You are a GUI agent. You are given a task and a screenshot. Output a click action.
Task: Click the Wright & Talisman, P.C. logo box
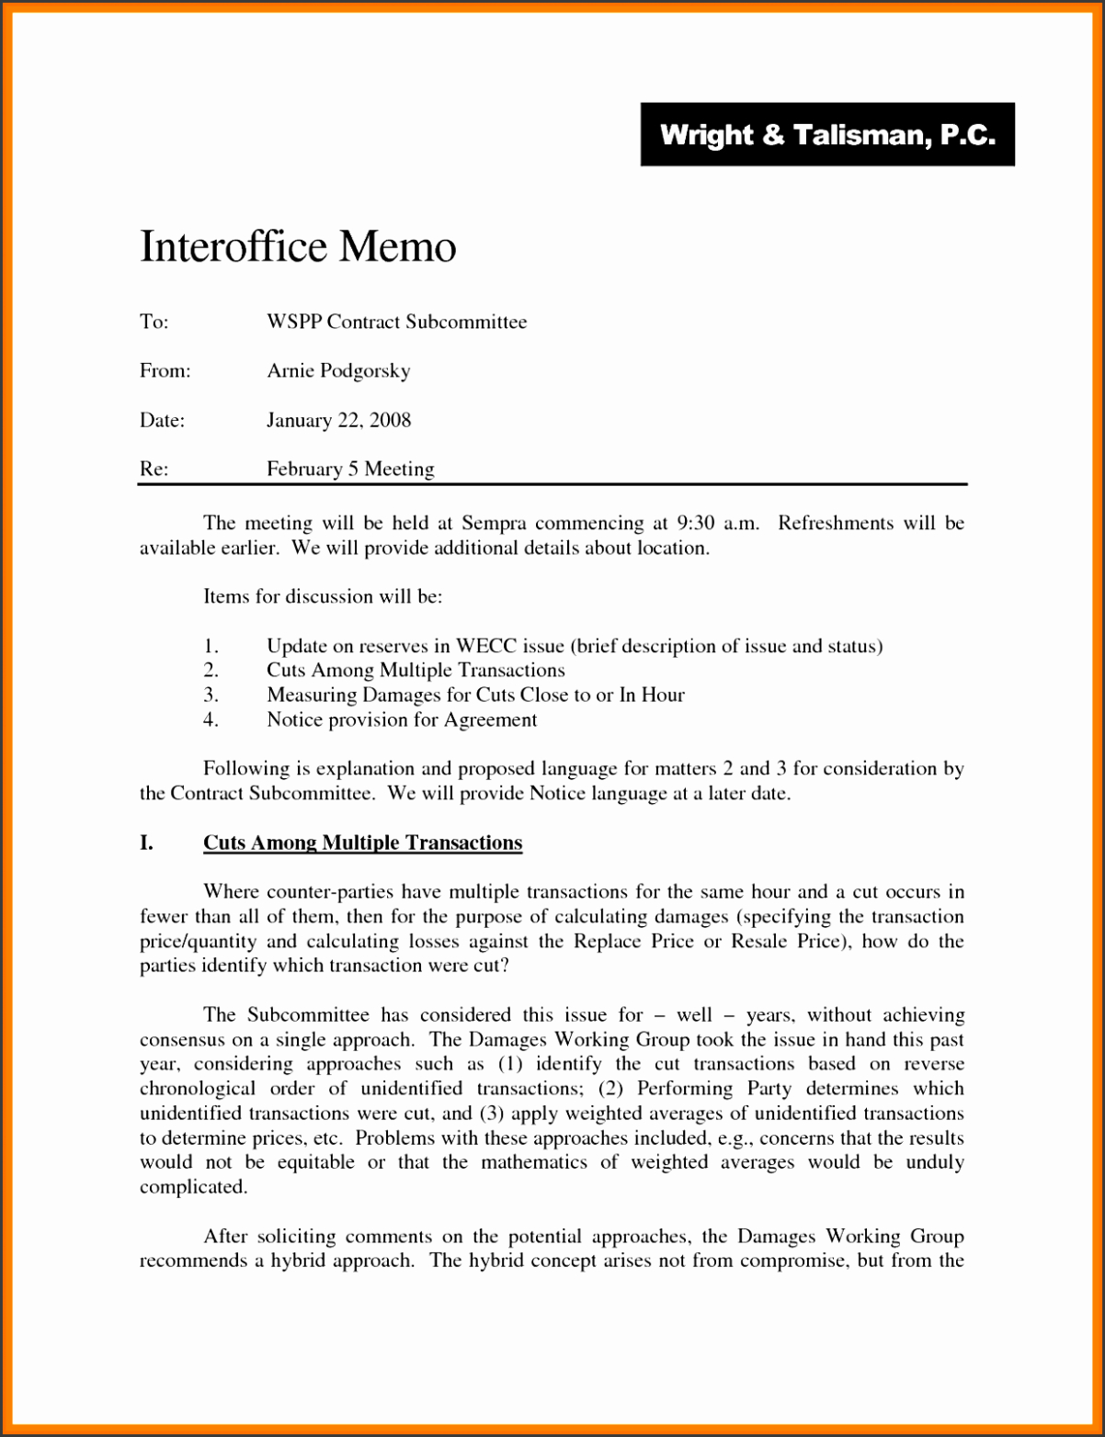click(x=827, y=134)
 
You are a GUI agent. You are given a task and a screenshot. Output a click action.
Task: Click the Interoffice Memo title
click(x=298, y=246)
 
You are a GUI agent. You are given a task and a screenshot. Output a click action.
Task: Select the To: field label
click(x=154, y=322)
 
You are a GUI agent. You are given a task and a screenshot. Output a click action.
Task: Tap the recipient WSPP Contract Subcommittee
click(x=396, y=322)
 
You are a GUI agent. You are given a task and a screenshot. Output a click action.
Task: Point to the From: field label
click(x=165, y=370)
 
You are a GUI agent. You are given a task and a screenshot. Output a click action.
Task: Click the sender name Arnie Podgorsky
click(x=338, y=370)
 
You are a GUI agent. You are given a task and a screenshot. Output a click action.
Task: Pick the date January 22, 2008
click(x=338, y=420)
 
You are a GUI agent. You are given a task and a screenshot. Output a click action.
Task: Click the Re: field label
click(x=154, y=469)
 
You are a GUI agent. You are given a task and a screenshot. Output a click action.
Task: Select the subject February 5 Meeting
click(x=350, y=469)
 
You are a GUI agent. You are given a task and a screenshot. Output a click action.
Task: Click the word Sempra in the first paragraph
click(x=494, y=523)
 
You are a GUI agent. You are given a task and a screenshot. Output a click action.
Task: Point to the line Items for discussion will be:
click(x=323, y=596)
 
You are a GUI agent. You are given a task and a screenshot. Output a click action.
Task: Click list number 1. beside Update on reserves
click(x=211, y=646)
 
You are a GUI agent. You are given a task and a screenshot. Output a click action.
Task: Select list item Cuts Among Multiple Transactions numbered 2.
click(x=416, y=671)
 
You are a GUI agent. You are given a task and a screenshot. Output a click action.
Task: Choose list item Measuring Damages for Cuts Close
click(x=475, y=695)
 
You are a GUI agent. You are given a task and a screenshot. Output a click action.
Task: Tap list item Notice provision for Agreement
click(x=402, y=719)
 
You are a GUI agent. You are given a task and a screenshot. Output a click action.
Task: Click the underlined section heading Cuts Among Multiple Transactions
click(x=362, y=843)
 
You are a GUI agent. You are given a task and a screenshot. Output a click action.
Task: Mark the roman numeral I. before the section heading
click(x=146, y=843)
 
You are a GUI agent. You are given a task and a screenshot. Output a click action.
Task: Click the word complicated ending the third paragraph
click(x=192, y=1187)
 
